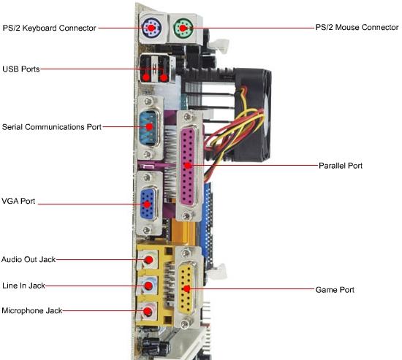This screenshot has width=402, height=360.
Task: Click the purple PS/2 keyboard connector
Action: point(151,28)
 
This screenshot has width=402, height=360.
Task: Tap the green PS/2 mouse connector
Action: point(183,28)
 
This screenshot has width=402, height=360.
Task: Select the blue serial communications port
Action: point(150,128)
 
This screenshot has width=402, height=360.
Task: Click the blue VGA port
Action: point(148,204)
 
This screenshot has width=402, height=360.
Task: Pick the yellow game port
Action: point(187,288)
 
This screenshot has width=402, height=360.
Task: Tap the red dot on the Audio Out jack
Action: point(148,260)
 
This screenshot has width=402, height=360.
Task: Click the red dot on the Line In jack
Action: point(148,286)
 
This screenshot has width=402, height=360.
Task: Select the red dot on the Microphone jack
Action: point(148,312)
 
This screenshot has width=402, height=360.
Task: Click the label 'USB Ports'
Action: point(21,69)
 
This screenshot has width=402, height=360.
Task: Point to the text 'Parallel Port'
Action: point(341,166)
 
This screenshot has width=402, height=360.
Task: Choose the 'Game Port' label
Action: point(335,290)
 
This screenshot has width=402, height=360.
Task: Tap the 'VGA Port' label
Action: point(18,201)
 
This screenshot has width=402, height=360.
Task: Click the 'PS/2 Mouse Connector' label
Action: point(357,27)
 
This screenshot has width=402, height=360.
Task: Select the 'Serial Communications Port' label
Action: point(52,127)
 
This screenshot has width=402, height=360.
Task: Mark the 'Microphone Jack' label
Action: point(31,310)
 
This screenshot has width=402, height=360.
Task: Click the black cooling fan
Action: point(253,115)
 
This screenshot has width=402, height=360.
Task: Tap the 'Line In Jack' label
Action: point(23,286)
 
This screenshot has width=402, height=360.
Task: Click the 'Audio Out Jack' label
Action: point(29,259)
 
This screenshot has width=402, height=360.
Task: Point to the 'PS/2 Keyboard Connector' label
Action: point(49,28)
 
